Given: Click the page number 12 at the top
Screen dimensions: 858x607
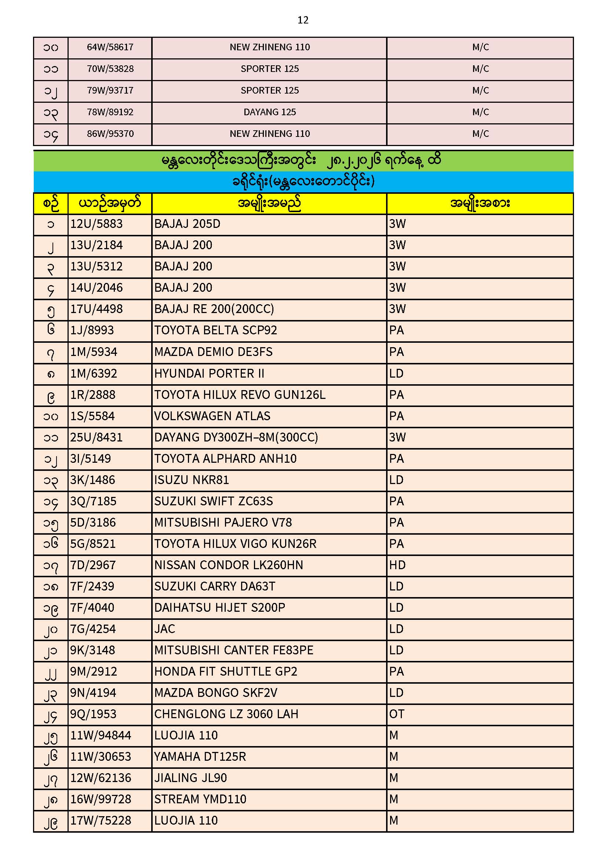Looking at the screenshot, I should pos(303,20).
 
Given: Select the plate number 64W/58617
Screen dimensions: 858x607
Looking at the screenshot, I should pos(110,47).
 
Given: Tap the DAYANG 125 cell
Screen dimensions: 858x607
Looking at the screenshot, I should pos(269,112).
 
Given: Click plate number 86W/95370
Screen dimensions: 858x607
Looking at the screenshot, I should pos(110,134).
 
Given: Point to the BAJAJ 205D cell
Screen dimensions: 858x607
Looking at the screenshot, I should pos(187,224).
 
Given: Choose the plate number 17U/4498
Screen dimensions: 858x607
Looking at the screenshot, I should pos(97,309).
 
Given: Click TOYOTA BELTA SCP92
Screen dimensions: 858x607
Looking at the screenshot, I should pos(215,330).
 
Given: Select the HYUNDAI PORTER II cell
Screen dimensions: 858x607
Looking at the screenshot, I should pos(209,374).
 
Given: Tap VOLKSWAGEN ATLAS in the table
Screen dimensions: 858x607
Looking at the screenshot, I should pos(212,416).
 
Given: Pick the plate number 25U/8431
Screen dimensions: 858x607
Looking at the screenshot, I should pos(97,437).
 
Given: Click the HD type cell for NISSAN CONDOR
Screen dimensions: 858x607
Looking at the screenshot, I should pos(397,565).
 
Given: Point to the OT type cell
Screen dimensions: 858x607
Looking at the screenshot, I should pos(397,714).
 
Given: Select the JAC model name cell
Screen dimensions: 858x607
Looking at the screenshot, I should pos(164,629).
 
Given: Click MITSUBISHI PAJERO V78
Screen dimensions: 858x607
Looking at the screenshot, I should pos(223,523).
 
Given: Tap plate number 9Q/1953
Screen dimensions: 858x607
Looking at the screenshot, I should pos(94,714).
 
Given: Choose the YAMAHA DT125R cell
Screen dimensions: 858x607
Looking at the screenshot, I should pos(200,757).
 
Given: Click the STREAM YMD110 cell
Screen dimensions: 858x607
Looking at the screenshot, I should pos(200,799).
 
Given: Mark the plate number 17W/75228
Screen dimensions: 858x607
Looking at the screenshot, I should pos(101,821).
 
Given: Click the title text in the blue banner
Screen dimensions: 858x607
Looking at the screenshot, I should pos(303,182).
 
